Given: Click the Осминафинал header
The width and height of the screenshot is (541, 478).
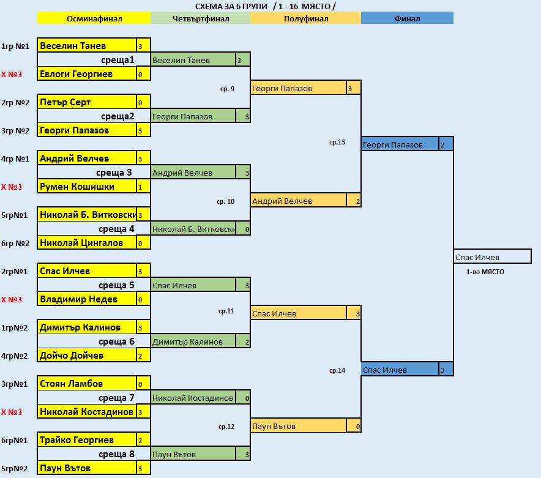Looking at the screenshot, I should tap(94, 18).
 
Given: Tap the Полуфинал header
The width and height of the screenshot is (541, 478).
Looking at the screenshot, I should tap(305, 18).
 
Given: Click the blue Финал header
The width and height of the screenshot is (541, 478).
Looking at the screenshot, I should tap(407, 18).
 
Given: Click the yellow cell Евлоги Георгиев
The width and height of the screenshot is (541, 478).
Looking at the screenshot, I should tap(86, 74).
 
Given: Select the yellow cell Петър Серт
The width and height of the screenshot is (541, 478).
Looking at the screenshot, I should tap(86, 102).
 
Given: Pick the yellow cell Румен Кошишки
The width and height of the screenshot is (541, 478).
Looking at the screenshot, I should tap(86, 187).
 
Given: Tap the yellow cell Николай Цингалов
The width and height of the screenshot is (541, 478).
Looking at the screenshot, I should tap(86, 243).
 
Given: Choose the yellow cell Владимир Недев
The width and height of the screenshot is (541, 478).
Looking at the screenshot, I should tap(86, 299).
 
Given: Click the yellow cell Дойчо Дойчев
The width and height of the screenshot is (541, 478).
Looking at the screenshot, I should tap(86, 356).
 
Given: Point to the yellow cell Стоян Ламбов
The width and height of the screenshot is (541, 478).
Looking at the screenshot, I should tap(86, 384).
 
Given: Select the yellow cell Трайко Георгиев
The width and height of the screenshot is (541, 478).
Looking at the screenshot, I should tap(86, 440).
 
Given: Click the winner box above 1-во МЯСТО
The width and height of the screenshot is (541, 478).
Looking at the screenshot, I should tap(492, 257).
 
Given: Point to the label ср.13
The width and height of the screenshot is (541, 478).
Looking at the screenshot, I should tap(337, 143).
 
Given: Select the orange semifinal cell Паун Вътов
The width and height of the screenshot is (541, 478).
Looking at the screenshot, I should tap(298, 426).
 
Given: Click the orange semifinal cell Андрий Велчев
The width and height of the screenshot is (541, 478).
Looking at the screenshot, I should tap(298, 201).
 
